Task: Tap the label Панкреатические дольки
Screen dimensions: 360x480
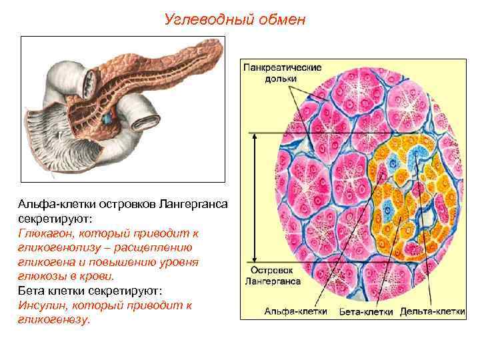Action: coord(282,73)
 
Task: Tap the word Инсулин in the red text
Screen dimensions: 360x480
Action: coord(41,305)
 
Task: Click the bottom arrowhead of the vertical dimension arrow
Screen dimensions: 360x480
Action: coord(253,261)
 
